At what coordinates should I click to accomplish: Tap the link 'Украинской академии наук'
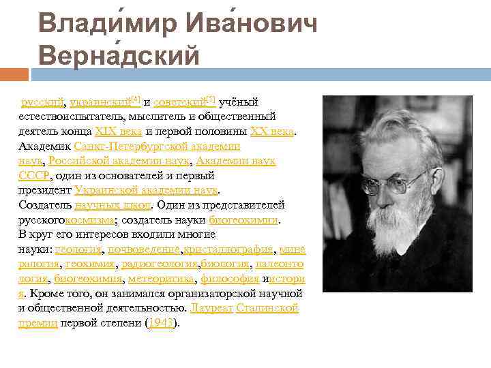(x=146, y=190)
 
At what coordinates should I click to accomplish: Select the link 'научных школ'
(x=113, y=204)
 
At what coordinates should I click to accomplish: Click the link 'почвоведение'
(x=143, y=249)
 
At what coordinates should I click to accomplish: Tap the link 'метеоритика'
(x=162, y=279)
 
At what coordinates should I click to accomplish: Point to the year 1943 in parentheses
(x=161, y=323)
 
